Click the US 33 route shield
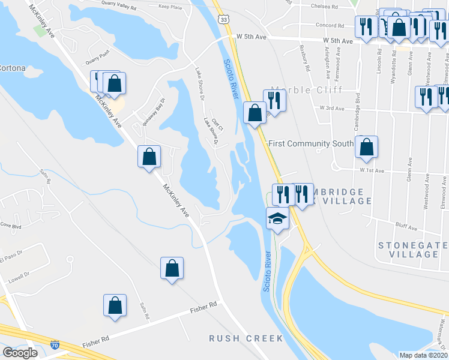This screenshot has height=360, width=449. (223, 20)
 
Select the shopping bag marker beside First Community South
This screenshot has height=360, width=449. (366, 147)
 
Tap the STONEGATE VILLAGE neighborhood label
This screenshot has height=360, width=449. (412, 250)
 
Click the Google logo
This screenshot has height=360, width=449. (20, 353)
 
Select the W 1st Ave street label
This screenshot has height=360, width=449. (372, 170)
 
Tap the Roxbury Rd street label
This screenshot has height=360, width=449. (306, 59)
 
